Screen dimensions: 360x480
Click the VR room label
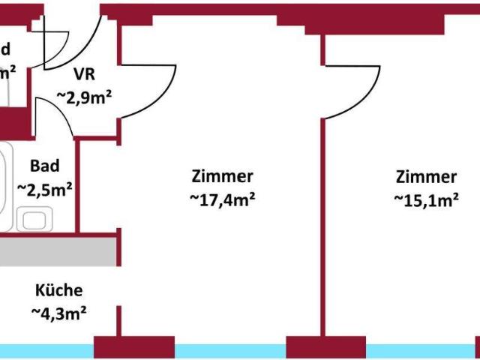pos(84,76)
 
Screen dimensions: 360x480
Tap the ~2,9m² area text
pos(85,97)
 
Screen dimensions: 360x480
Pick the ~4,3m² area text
pos(58,312)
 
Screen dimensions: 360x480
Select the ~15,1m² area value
pos(426,199)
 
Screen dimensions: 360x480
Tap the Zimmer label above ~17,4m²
pos(222,177)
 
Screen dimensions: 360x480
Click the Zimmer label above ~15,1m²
pos(426,177)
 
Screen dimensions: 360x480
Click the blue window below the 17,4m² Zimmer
pos(230,351)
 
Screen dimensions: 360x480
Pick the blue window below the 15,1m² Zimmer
pos(420,351)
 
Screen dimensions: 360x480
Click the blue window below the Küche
pos(45,351)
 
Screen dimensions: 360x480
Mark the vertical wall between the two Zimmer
pos(324,225)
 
